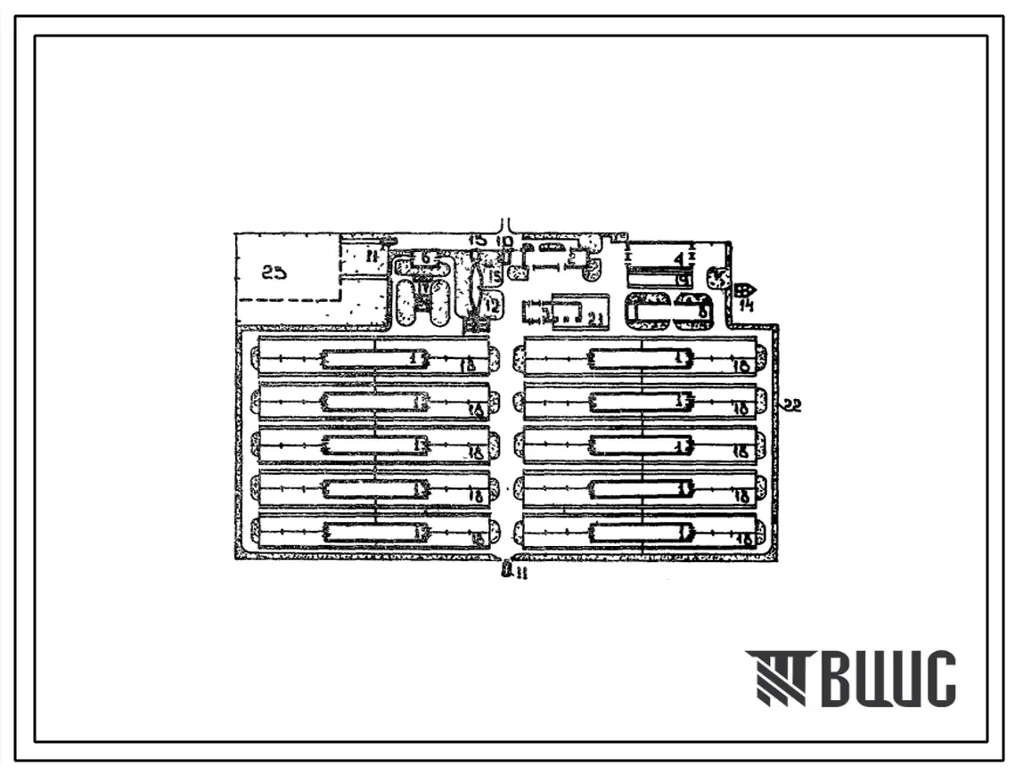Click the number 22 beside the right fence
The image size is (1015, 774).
coord(793,406)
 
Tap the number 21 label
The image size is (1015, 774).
coord(595,318)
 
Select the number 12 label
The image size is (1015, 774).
coord(492,305)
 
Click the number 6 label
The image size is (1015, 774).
coord(426,257)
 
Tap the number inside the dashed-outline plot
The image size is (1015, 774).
coord(274,272)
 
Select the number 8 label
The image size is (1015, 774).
coord(704,312)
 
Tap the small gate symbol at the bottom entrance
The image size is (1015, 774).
coord(506,566)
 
